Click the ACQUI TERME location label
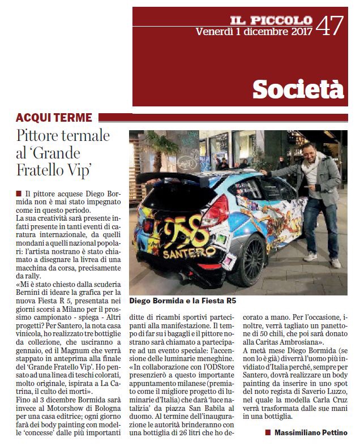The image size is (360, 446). tap(54, 118)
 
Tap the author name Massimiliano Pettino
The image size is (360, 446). tap(310, 432)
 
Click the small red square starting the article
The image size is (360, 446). tap(19, 194)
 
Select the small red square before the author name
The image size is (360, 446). tap(268, 433)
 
